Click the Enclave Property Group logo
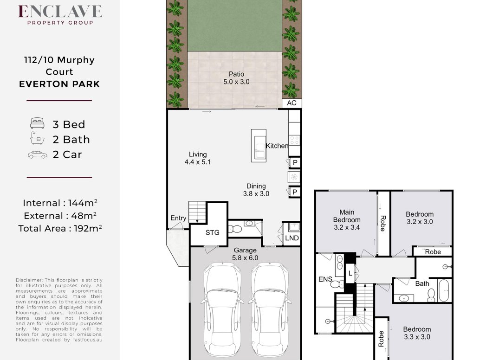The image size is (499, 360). tap(60, 15)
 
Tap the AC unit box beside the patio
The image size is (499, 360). tap(292, 103)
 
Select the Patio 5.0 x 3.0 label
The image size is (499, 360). tap(236, 78)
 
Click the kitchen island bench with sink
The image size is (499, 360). tap(259, 146)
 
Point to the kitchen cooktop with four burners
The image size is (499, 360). tap(294, 140)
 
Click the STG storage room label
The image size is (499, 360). tap(212, 232)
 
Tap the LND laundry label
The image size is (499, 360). tap(292, 238)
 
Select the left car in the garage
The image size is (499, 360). tap(222, 309)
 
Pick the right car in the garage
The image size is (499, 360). tap(270, 309)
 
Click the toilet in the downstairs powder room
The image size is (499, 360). tap(235, 229)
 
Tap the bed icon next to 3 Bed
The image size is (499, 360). tap(37, 123)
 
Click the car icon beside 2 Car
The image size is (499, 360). tap(37, 154)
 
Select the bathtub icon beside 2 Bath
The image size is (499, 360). tap(37, 138)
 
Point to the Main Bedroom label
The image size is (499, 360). tap(347, 219)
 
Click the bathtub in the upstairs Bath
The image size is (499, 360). tap(444, 290)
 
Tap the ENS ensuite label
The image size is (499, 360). tap(325, 279)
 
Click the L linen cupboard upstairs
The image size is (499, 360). tap(350, 273)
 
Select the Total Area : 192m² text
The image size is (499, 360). tap(60, 228)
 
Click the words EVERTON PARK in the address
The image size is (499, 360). tap(59, 84)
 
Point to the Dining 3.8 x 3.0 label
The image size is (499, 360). tap(256, 190)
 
